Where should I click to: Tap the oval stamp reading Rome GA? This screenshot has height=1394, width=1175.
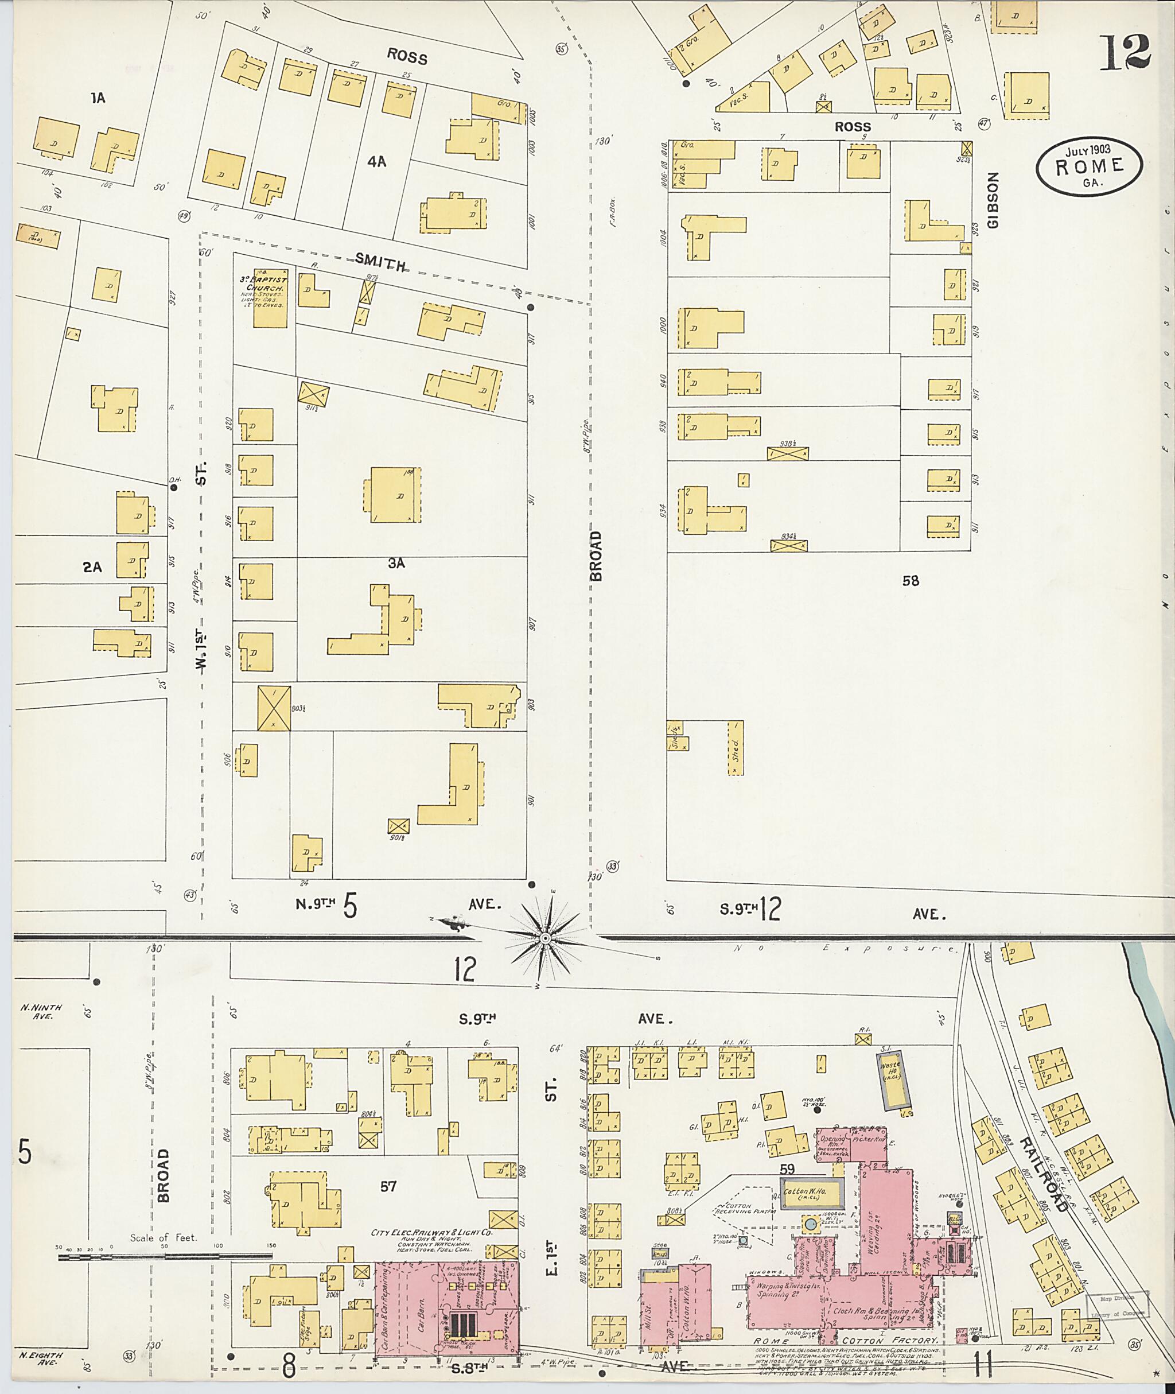(x=1089, y=166)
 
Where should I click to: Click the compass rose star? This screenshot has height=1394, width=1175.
(x=545, y=938)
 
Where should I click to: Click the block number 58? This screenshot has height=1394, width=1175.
(x=911, y=580)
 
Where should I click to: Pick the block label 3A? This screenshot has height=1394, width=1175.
(x=396, y=564)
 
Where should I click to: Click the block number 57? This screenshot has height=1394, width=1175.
(x=388, y=1186)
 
